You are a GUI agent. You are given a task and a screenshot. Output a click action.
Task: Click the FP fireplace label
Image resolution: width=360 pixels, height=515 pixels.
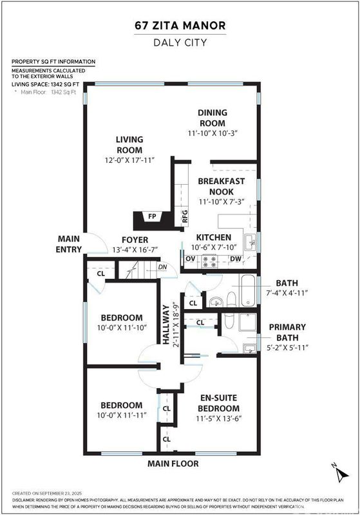coord(152,216)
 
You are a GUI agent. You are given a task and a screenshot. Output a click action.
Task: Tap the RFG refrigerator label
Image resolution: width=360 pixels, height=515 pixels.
coord(185,216)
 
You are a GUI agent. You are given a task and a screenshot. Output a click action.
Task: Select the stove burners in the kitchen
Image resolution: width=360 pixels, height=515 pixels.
coord(209,261)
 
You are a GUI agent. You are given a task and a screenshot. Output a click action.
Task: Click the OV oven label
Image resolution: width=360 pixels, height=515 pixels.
coord(191,259)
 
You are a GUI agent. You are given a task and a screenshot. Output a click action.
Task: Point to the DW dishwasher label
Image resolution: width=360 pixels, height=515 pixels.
coord(236,259)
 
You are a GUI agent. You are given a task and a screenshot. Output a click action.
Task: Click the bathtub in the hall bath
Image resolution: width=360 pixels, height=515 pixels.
coord(248,291)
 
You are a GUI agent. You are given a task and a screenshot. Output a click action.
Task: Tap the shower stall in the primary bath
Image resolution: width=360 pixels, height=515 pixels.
coord(247,323)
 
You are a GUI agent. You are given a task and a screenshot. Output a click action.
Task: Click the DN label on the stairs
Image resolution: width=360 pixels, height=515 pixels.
coord(162,267)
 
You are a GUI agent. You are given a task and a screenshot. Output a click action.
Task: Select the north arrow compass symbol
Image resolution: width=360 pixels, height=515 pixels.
coord(340,473)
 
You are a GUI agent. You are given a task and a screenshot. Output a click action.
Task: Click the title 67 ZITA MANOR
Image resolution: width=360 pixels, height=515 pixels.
coord(180,25)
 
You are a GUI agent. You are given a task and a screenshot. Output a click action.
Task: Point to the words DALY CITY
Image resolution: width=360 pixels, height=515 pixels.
coord(180,42)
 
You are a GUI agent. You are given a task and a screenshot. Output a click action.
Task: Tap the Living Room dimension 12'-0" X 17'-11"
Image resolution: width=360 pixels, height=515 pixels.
coord(129,160)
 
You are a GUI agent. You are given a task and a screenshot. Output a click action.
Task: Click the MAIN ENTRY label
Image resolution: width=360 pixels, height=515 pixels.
coord(69,244)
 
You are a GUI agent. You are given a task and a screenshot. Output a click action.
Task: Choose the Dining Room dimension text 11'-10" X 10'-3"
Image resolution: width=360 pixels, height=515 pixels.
coord(213,133)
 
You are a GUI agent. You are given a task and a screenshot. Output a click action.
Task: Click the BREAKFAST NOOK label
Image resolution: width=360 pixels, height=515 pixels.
coord(222,186)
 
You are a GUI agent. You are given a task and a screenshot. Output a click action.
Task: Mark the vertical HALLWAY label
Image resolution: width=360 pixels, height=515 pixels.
coord(166,324)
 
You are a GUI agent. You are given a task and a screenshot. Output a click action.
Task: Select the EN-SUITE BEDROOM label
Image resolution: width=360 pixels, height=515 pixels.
coord(219,403)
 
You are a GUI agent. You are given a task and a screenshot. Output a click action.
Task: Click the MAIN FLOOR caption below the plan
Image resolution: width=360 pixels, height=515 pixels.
coord(173,464)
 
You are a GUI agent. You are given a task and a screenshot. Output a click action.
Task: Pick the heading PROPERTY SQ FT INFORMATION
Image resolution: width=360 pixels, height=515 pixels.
coord(53,62)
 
